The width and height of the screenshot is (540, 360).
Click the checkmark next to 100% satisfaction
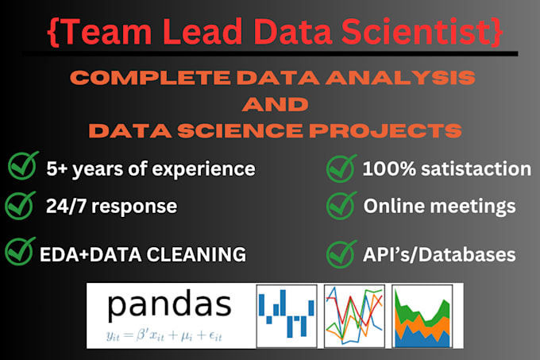[341, 168]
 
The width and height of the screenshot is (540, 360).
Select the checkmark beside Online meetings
[341, 207]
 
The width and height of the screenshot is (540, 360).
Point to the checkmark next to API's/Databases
[341, 254]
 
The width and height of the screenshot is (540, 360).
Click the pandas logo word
[169, 304]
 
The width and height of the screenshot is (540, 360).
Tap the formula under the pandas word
[169, 335]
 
